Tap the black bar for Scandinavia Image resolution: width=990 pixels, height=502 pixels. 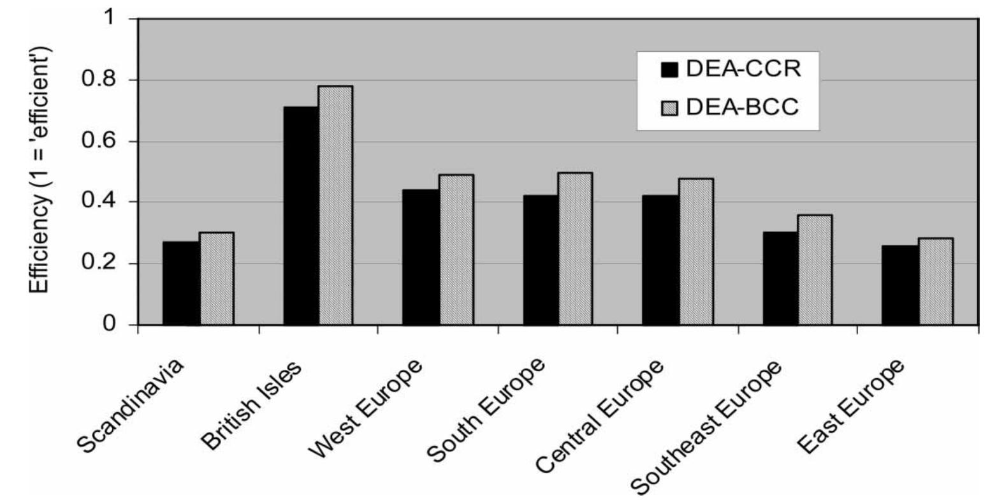pos(181,283)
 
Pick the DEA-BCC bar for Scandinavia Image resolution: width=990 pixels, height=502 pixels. pos(217,278)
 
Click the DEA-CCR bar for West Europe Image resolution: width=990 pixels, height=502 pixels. pos(420,257)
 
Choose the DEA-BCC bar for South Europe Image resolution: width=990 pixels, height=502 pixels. pos(576,249)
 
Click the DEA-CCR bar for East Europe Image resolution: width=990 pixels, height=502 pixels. pos(900,285)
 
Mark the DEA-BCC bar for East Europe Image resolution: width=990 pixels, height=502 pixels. pos(936,281)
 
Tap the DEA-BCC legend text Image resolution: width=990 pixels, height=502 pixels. pos(743,108)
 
